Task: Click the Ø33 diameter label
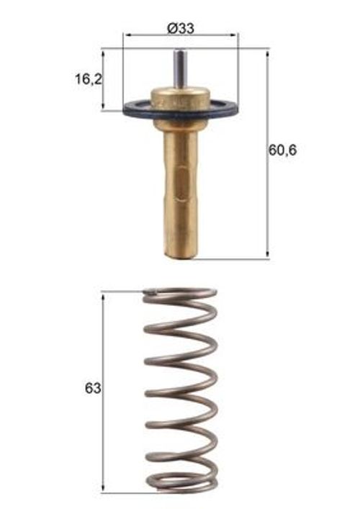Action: click(x=181, y=28)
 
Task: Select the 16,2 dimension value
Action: click(x=89, y=79)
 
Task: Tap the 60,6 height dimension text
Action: click(x=282, y=150)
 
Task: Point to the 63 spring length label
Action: click(x=93, y=388)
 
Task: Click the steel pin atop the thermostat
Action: click(x=181, y=68)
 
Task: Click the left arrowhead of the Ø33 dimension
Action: click(x=127, y=35)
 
